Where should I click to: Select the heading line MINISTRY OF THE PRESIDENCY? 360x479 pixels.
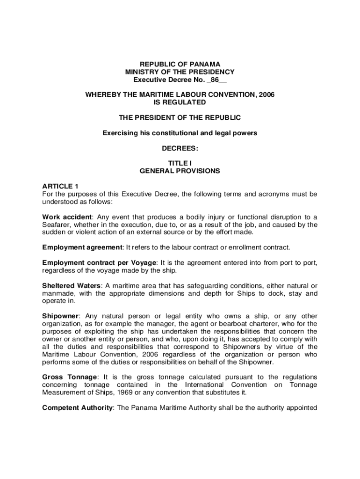tap(180, 72)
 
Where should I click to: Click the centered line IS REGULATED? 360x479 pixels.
tap(180, 102)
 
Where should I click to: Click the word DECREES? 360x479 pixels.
tap(180, 148)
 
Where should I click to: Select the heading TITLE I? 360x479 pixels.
tap(180, 163)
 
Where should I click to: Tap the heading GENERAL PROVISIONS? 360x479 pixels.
tap(180, 171)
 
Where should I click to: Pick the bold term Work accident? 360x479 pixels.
tap(67, 217)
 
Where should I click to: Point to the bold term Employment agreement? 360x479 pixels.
tap(82, 247)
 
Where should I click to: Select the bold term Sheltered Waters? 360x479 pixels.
tap(71, 286)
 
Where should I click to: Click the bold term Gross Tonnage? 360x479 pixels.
tap(70, 377)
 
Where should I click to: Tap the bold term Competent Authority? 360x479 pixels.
tap(77, 407)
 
